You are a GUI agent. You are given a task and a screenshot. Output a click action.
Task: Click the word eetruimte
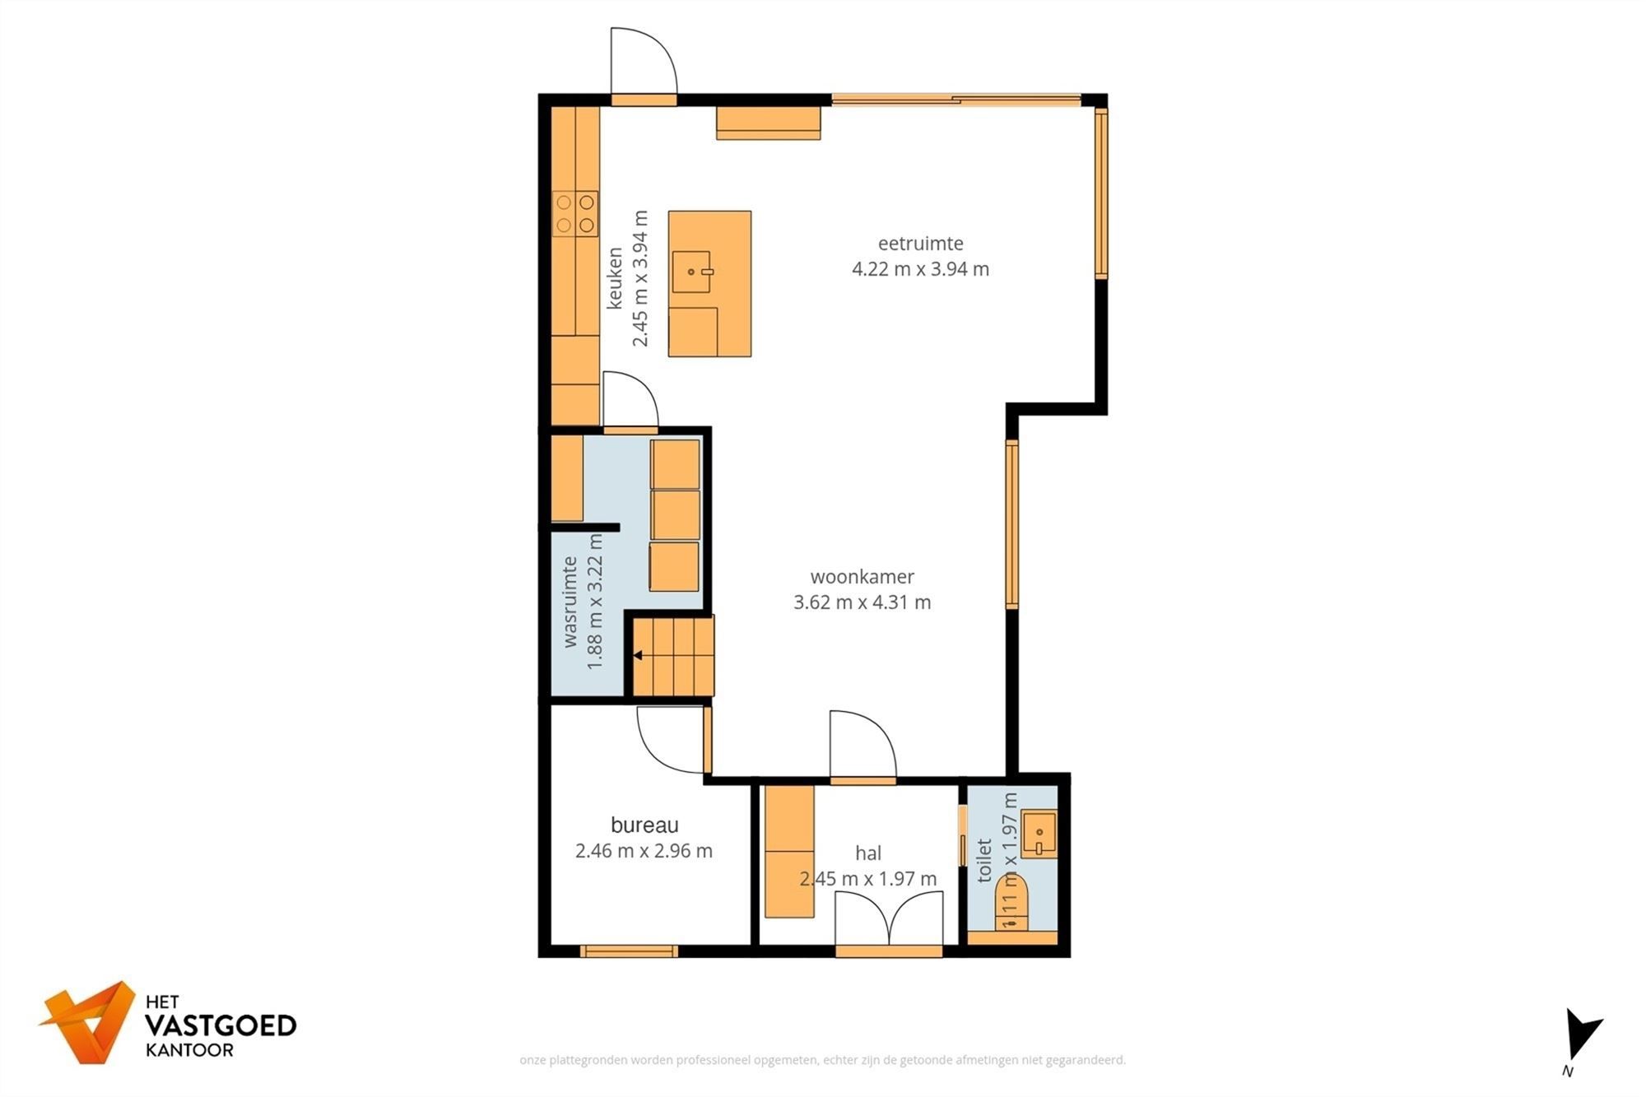point(920,244)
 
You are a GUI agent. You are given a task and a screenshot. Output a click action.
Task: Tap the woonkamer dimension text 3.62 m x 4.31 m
point(862,602)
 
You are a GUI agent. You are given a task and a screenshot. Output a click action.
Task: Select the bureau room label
point(644,825)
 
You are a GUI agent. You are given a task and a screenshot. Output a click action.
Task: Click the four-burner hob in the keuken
point(574,213)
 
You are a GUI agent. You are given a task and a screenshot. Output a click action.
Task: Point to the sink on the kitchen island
point(691,272)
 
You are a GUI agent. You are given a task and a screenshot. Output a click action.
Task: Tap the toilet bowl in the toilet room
point(1012,904)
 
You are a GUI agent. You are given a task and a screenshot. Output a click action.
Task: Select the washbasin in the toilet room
point(1039,833)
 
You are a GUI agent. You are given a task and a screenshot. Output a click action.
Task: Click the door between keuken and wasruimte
point(630,402)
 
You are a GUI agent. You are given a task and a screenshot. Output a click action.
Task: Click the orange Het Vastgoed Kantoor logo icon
point(89,1021)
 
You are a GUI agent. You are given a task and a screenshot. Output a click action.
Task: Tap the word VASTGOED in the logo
point(221,1025)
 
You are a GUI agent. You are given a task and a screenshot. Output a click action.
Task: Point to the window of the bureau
point(629,951)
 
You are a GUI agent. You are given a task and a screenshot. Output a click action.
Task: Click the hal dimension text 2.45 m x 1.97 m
point(868,879)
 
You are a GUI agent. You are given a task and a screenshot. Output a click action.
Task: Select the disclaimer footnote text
point(822,1060)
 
